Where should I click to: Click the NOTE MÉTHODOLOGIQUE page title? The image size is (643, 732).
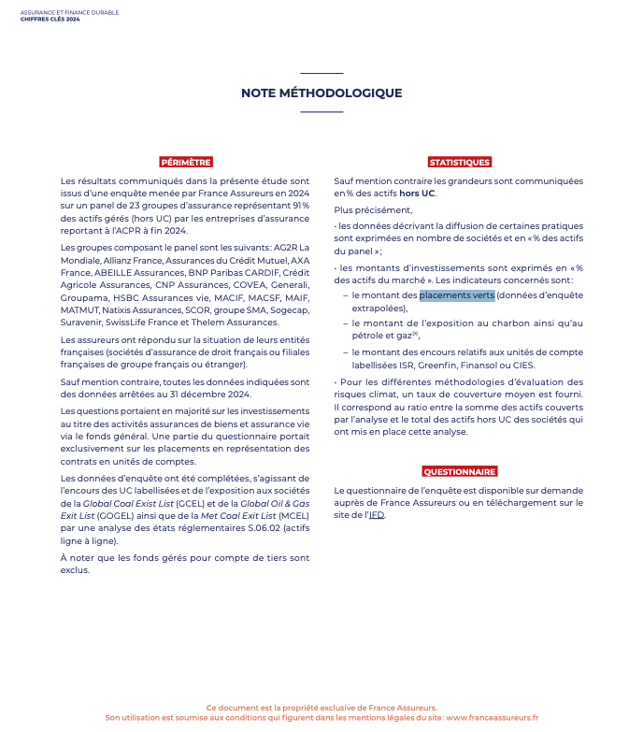[321, 93]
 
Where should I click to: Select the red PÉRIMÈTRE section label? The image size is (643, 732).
[185, 162]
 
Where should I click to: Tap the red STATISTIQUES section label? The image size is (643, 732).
[459, 162]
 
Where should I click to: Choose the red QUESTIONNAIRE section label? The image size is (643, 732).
[459, 471]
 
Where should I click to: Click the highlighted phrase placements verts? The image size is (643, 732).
[457, 295]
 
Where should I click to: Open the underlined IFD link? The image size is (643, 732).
[376, 514]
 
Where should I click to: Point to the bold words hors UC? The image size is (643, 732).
[416, 193]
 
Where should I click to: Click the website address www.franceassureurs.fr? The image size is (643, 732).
[492, 718]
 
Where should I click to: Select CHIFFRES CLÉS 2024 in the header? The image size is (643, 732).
[50, 19]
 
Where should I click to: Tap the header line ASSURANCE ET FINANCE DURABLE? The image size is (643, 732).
[70, 12]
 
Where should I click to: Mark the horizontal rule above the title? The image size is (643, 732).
[321, 73]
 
